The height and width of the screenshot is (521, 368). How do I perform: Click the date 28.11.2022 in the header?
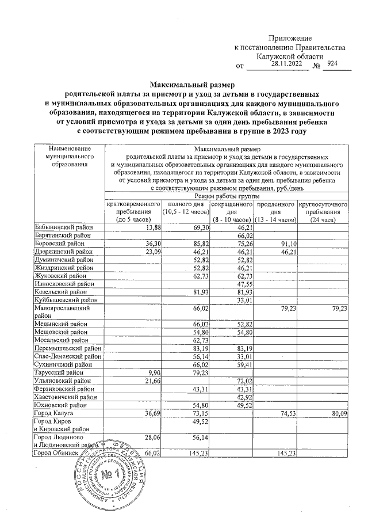pyautogui.click(x=285, y=64)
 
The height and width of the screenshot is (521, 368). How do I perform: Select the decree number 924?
pyautogui.click(x=332, y=64)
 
